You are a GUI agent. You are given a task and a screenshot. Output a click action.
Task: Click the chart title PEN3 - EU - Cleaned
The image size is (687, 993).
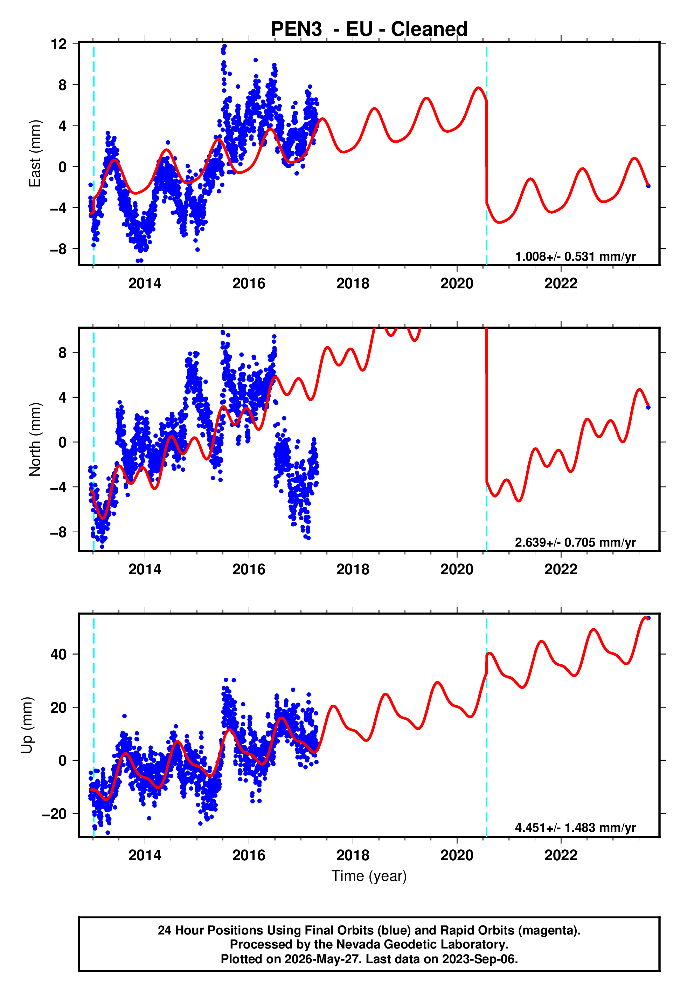point(369,29)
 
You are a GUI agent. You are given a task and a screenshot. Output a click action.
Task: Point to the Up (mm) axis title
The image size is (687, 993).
point(27,725)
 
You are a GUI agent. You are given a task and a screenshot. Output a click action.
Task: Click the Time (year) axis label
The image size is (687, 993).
point(369,876)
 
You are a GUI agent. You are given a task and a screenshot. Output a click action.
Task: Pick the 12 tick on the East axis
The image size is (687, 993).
point(59,44)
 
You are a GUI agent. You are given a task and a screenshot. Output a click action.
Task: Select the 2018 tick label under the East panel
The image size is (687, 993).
point(353,284)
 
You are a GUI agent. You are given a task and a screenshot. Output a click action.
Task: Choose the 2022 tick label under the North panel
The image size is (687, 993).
point(561,570)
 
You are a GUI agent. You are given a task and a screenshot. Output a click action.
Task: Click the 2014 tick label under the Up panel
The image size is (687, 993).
point(145,855)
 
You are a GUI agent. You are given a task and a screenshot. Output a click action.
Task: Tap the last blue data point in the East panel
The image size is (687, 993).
point(648,186)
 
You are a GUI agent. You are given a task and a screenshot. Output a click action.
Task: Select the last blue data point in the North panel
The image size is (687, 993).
point(648,408)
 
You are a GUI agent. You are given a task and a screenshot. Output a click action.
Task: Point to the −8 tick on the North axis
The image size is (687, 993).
point(59,532)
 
